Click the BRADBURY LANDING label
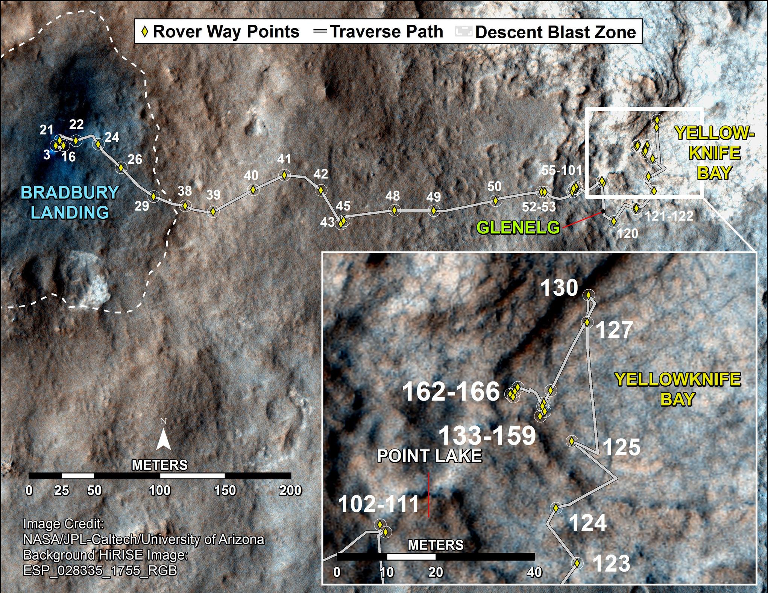pyautogui.click(x=70, y=203)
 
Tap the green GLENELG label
pyautogui.click(x=519, y=227)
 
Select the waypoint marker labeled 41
pyautogui.click(x=284, y=175)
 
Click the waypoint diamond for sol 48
pyautogui.click(x=394, y=210)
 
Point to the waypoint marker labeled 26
pyautogui.click(x=121, y=168)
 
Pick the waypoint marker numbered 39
pyautogui.click(x=213, y=212)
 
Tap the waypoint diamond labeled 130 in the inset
pyautogui.click(x=588, y=295)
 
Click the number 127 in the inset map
pyautogui.click(x=615, y=330)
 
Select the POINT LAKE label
pyautogui.click(x=430, y=456)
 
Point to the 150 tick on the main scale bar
pyautogui.click(x=225, y=490)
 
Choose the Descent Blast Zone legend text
pyautogui.click(x=556, y=32)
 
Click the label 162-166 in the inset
pyautogui.click(x=451, y=391)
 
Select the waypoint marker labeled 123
pyautogui.click(x=577, y=563)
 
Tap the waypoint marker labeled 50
pyautogui.click(x=495, y=201)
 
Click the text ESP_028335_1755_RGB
pyautogui.click(x=100, y=570)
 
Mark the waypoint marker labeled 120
pyautogui.click(x=614, y=221)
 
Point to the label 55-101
pyautogui.click(x=562, y=170)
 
